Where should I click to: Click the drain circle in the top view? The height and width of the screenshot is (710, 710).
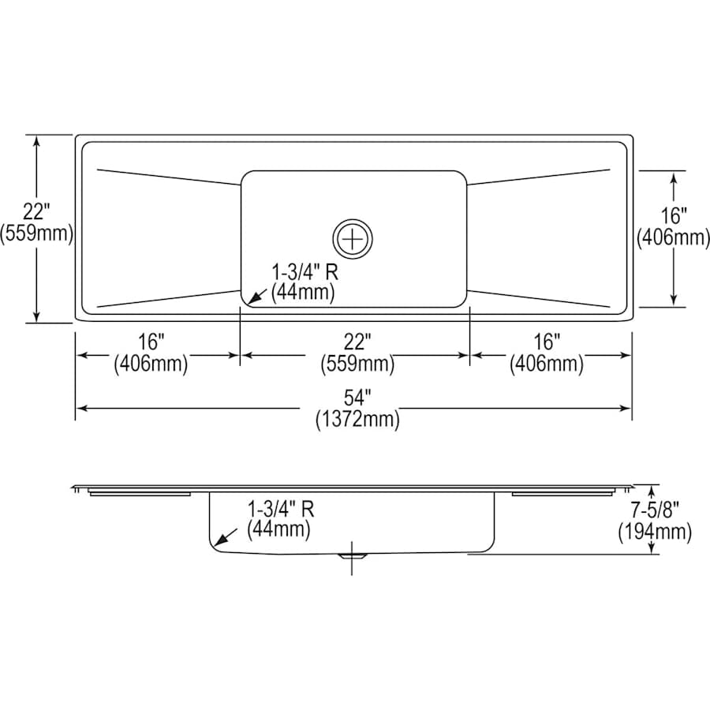(x=354, y=236)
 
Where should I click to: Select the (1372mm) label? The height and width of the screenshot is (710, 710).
(x=357, y=420)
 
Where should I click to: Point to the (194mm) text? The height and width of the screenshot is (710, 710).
(x=654, y=532)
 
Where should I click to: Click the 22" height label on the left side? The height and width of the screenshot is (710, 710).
(x=36, y=211)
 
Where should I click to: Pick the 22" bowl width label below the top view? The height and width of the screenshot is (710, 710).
(x=357, y=342)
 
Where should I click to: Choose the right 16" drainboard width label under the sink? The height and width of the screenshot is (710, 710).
(x=547, y=342)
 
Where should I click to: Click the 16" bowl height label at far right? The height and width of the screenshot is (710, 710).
(x=673, y=215)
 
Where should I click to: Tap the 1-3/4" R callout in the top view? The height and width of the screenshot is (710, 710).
(x=305, y=271)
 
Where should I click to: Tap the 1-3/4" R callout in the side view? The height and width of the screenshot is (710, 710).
(x=282, y=509)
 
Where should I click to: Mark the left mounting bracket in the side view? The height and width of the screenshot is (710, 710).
(x=140, y=494)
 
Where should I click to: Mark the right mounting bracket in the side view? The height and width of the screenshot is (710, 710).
(x=562, y=494)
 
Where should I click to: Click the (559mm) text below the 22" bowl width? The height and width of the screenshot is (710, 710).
(x=357, y=364)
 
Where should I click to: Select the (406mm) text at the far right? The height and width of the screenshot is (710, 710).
(x=673, y=236)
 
